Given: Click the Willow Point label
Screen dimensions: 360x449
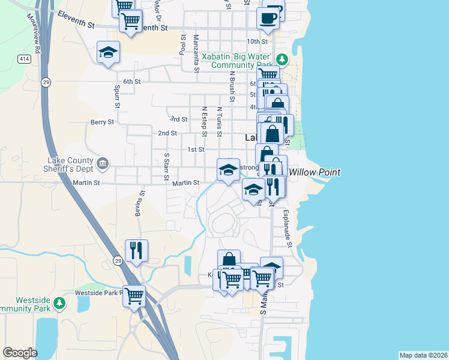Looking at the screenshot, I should (x=315, y=172).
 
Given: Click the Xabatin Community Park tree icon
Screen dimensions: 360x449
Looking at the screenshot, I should (x=282, y=59).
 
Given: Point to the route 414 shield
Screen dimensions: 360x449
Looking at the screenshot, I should (x=24, y=59).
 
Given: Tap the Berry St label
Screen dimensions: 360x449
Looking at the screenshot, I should (x=102, y=122).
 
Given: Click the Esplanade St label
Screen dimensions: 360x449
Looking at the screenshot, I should (x=288, y=229).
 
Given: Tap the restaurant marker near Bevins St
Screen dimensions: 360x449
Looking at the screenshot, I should (x=136, y=250).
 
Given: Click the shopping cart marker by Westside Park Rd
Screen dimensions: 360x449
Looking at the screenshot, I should (x=134, y=295).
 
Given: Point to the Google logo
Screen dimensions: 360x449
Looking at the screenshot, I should (x=20, y=353).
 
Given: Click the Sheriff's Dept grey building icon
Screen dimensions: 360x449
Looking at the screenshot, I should (x=103, y=163).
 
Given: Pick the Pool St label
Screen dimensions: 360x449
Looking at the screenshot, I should (x=183, y=46).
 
